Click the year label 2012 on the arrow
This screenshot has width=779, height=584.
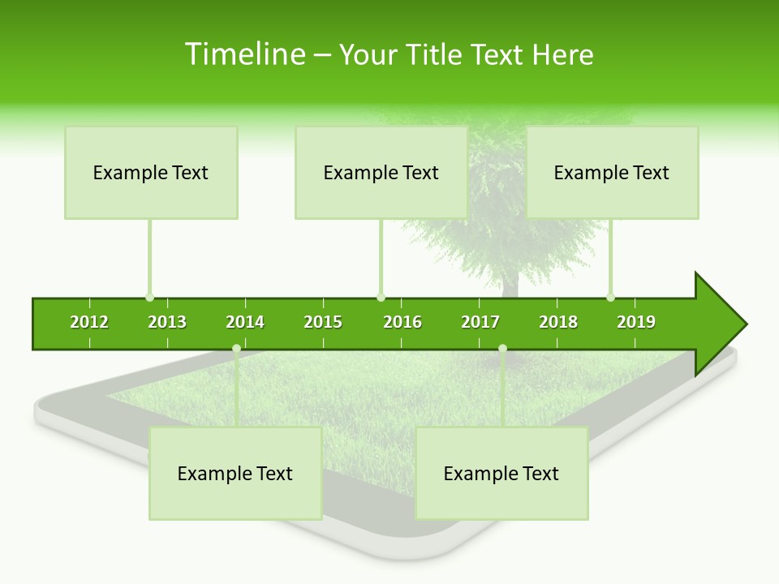(x=89, y=322)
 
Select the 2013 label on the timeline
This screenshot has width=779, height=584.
(x=167, y=322)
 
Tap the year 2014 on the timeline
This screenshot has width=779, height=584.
(x=245, y=322)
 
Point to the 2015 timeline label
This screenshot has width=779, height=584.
(x=323, y=322)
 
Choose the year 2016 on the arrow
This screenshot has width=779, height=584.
(x=402, y=322)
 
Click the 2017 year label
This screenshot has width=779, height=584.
(x=480, y=322)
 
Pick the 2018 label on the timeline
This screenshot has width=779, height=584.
(x=558, y=322)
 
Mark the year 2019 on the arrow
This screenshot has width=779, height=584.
(x=636, y=322)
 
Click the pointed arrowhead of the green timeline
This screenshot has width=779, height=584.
(x=722, y=324)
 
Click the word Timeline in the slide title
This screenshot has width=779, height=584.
(x=244, y=54)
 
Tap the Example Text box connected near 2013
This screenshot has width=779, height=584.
(x=151, y=173)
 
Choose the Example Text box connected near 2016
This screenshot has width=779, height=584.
(x=381, y=173)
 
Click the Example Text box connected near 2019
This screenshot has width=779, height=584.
(x=612, y=173)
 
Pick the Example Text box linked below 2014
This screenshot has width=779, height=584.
(x=235, y=474)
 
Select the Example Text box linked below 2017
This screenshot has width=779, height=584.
(x=501, y=474)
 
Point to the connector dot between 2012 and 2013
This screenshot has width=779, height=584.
(x=149, y=298)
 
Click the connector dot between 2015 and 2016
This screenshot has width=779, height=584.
(x=381, y=298)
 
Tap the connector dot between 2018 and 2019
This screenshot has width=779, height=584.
(x=610, y=298)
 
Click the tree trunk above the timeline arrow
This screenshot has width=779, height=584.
(x=510, y=284)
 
